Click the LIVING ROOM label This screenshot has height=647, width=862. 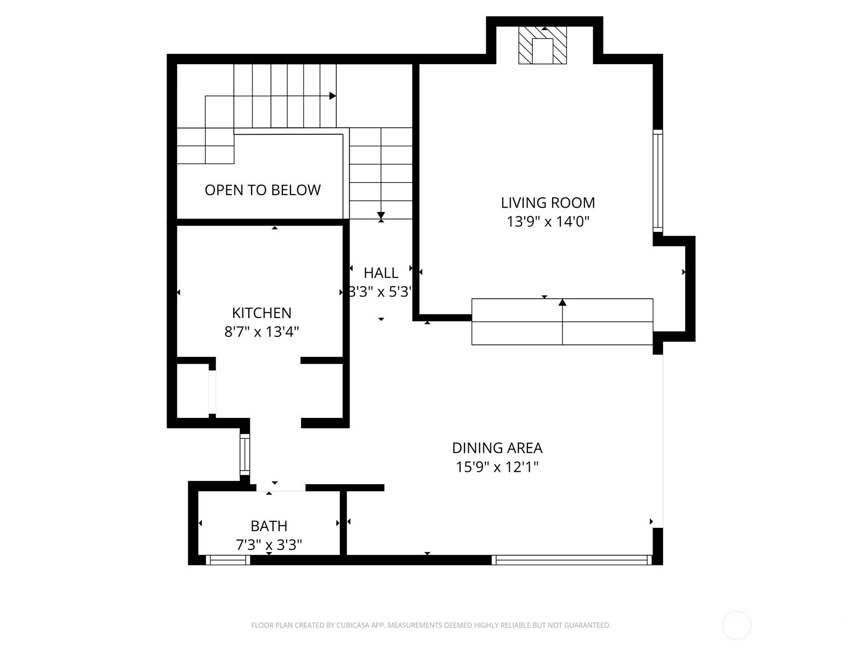tap(548, 203)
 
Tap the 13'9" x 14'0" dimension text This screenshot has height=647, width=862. tap(548, 222)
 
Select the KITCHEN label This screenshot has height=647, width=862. tap(261, 313)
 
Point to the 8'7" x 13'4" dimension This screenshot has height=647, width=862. tap(261, 331)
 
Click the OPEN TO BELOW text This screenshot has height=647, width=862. tap(262, 190)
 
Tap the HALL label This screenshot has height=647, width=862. tap(381, 273)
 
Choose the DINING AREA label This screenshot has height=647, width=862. tap(497, 448)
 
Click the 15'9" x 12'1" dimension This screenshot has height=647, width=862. tap(497, 467)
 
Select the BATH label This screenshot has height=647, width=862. tap(269, 526)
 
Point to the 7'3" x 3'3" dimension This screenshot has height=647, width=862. tap(269, 545)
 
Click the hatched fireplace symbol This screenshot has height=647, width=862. tap(543, 46)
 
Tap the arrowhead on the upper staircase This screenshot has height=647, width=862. tap(332, 96)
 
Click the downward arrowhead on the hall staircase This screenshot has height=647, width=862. tap(381, 215)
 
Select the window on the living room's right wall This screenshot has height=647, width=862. tap(658, 181)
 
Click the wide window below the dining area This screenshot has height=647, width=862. tap(572, 560)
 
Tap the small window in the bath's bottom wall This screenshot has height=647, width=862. tap(228, 560)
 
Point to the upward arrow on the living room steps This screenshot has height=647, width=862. tap(562, 303)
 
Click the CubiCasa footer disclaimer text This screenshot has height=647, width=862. tap(430, 625)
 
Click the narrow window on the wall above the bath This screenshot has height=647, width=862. tap(245, 454)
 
